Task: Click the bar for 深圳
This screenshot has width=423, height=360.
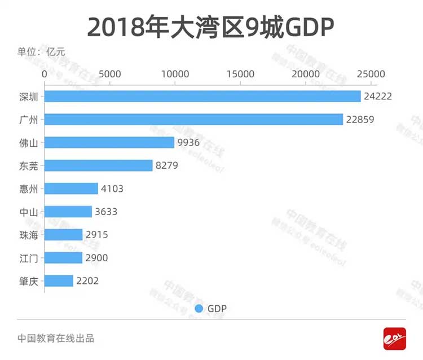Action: [202, 96]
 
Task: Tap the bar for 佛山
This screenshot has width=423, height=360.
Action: [109, 143]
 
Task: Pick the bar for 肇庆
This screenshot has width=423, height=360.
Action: [59, 280]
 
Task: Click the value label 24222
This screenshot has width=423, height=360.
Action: [378, 96]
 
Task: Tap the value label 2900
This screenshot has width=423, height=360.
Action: [96, 258]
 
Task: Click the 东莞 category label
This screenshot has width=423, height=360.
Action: [28, 166]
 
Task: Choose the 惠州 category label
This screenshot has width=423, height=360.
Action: [28, 188]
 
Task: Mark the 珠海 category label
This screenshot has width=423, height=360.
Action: [28, 235]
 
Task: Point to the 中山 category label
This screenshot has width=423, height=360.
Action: [28, 212]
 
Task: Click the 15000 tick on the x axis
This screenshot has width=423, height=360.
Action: [241, 74]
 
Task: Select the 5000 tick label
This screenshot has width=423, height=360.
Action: [109, 74]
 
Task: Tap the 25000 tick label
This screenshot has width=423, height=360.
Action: [372, 74]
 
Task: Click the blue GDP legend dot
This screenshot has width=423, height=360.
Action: [199, 309]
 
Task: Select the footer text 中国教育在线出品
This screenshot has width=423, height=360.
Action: [55, 339]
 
